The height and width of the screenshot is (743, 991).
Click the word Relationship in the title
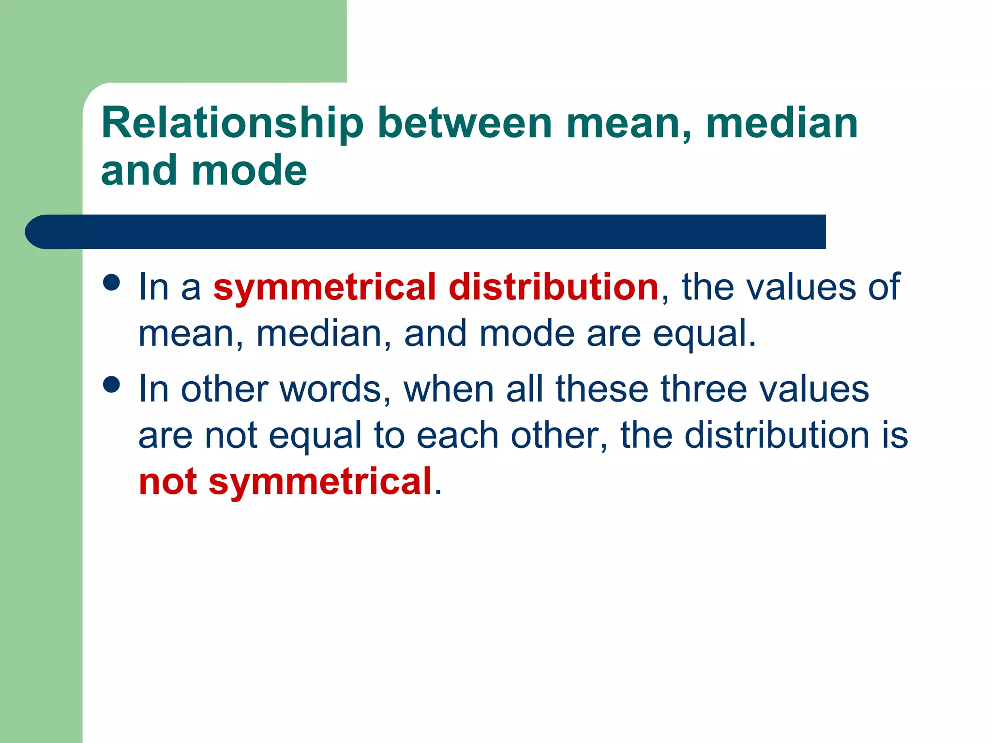click(232, 124)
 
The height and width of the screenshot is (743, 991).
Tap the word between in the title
click(465, 124)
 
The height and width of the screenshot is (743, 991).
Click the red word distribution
click(554, 287)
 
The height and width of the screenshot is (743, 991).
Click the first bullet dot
click(112, 282)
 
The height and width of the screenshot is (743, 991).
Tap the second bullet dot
click(112, 385)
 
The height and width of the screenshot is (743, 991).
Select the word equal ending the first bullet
click(704, 334)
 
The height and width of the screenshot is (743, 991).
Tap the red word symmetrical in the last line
click(320, 483)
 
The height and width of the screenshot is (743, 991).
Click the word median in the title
click(782, 124)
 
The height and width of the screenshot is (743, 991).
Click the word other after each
click(554, 435)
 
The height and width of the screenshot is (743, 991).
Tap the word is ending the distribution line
click(895, 435)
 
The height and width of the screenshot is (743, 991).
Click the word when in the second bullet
click(449, 389)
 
